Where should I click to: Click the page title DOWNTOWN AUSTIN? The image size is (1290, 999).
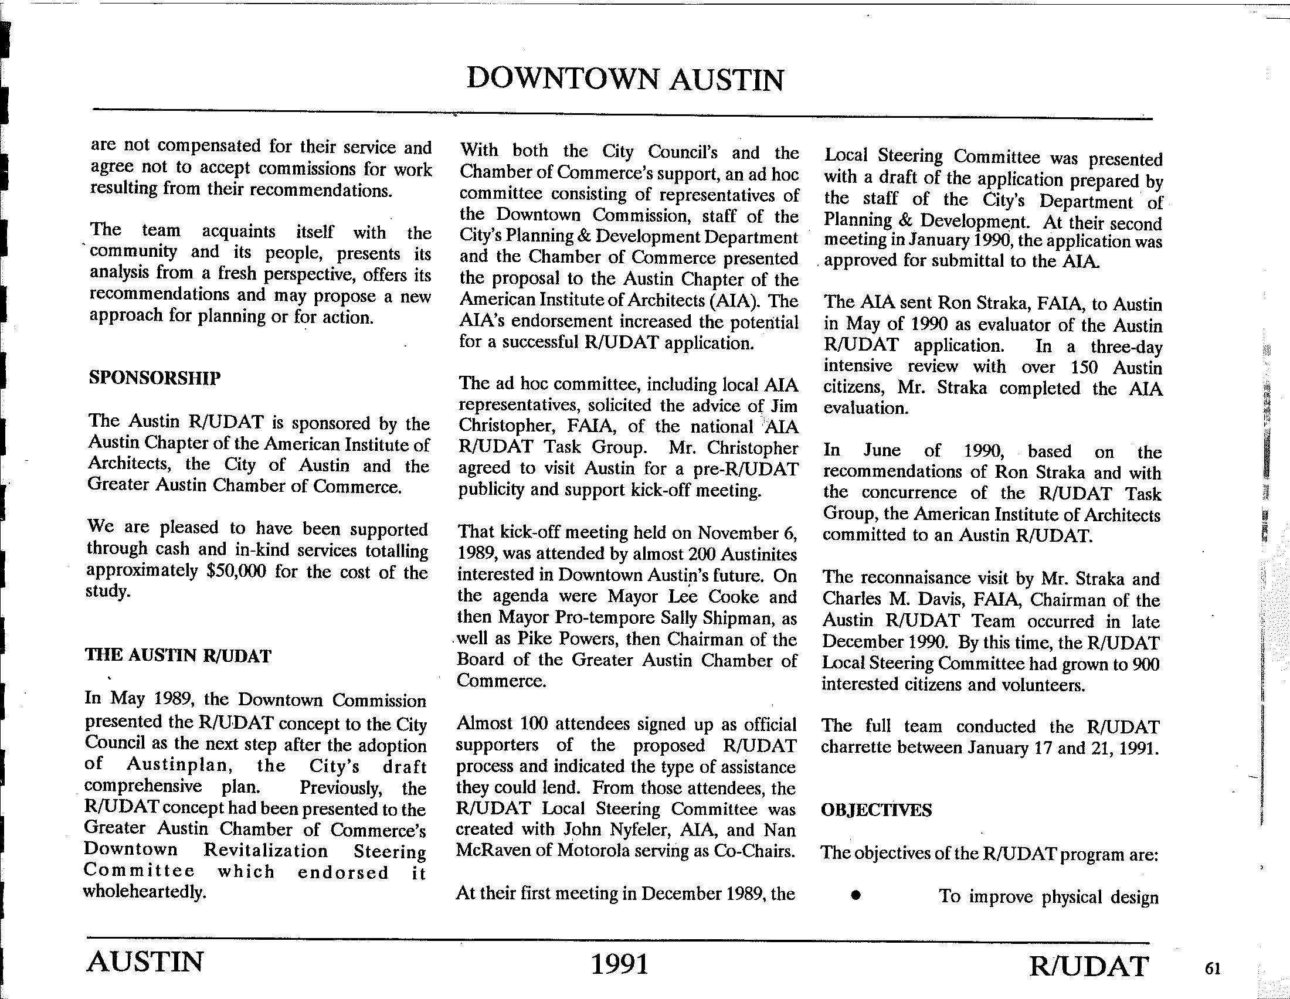(625, 80)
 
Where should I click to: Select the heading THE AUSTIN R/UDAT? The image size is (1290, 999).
(178, 655)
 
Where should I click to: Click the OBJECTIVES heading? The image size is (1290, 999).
(876, 810)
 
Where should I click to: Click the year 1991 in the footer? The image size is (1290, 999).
(620, 964)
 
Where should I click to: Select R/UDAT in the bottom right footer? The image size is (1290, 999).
(1089, 966)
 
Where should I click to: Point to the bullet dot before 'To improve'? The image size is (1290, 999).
(855, 896)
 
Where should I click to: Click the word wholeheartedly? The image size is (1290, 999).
(145, 892)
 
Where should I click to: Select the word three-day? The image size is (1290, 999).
(1126, 346)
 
